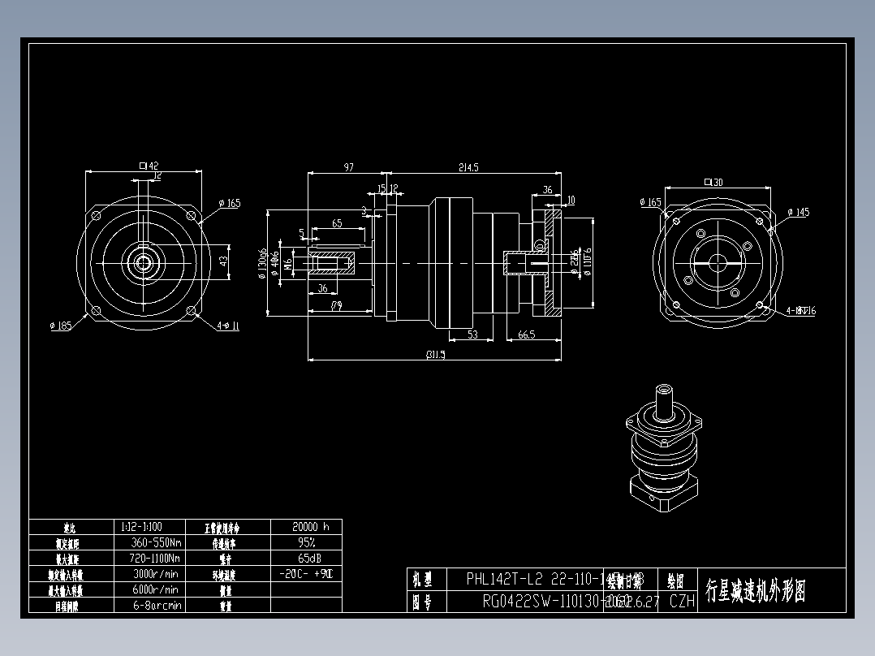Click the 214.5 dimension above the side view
[468, 167]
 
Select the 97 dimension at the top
[348, 167]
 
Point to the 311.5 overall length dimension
[435, 354]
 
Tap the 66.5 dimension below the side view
[526, 334]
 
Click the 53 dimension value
[473, 334]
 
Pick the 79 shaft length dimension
[336, 306]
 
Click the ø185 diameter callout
[61, 326]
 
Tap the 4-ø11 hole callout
[229, 326]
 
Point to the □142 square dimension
[149, 166]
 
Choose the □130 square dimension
[713, 182]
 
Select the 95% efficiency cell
[306, 542]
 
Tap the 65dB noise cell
[306, 559]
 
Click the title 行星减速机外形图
[755, 590]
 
